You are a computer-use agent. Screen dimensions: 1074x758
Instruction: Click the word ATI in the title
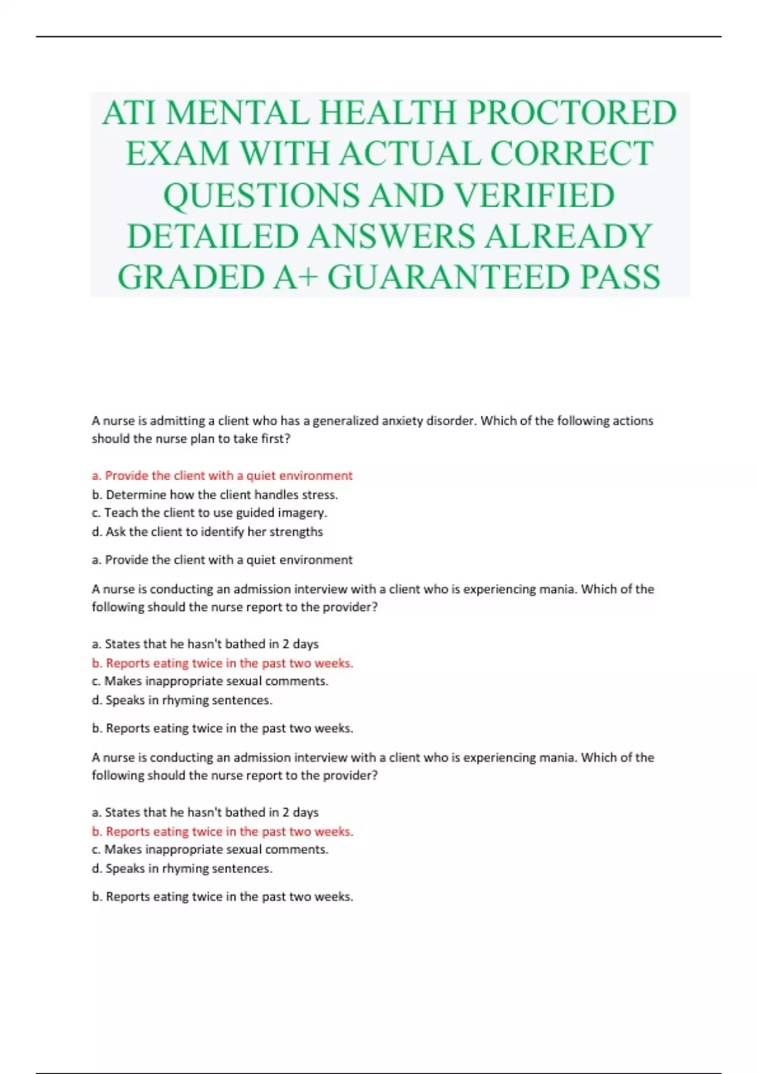129,114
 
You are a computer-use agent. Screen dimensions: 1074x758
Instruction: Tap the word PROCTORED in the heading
572,114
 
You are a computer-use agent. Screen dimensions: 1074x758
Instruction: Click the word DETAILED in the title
213,236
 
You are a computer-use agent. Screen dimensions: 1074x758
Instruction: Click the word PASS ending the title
620,277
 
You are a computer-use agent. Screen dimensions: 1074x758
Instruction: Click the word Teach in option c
119,513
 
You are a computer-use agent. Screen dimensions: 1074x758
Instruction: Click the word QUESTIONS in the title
262,195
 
